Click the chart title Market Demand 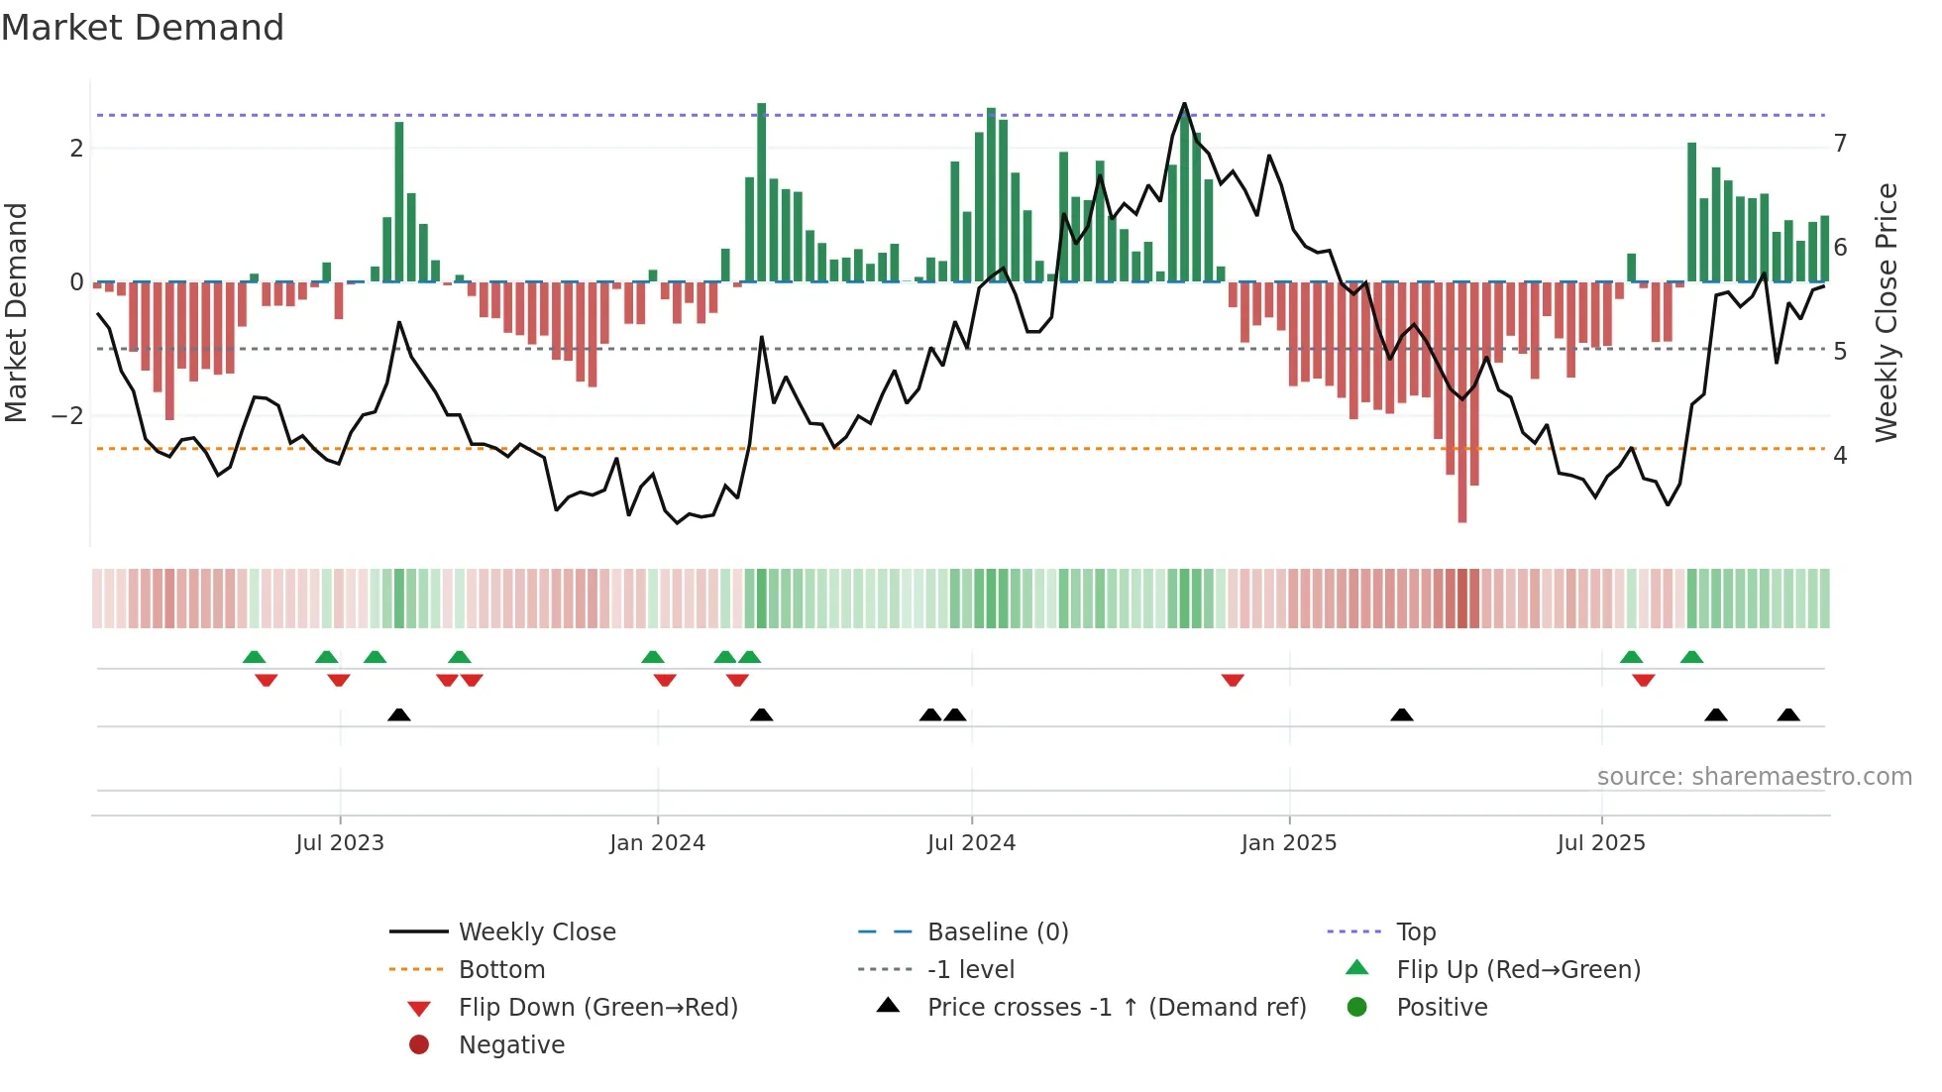143,28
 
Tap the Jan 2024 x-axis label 657,843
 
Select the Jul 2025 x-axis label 1601,843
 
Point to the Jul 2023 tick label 340,843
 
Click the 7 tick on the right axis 1840,144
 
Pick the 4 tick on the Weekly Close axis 1840,456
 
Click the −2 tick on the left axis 67,416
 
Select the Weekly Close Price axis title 1887,312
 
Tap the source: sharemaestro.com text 1754,777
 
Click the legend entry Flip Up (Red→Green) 1518,969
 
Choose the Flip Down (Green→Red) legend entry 597,1007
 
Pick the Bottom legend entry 501,969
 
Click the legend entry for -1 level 971,969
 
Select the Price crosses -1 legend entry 1117,1007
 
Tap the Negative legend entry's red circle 419,1044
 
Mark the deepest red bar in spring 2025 1462,401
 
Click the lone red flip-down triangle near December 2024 1233,680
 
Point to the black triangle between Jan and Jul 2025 1401,714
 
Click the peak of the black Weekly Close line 1184,104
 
